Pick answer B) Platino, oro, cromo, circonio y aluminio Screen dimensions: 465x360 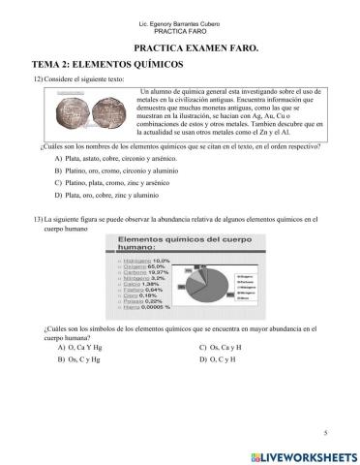click(122, 170)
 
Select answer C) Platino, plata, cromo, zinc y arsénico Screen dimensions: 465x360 click(120, 183)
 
